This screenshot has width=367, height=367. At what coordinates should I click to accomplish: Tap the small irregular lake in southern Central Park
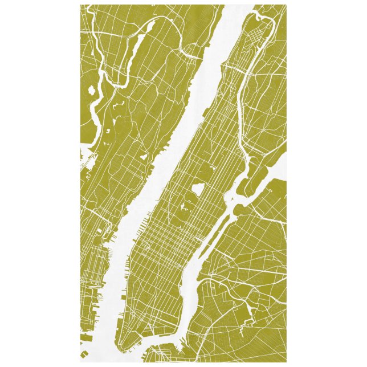(x=186, y=209)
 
